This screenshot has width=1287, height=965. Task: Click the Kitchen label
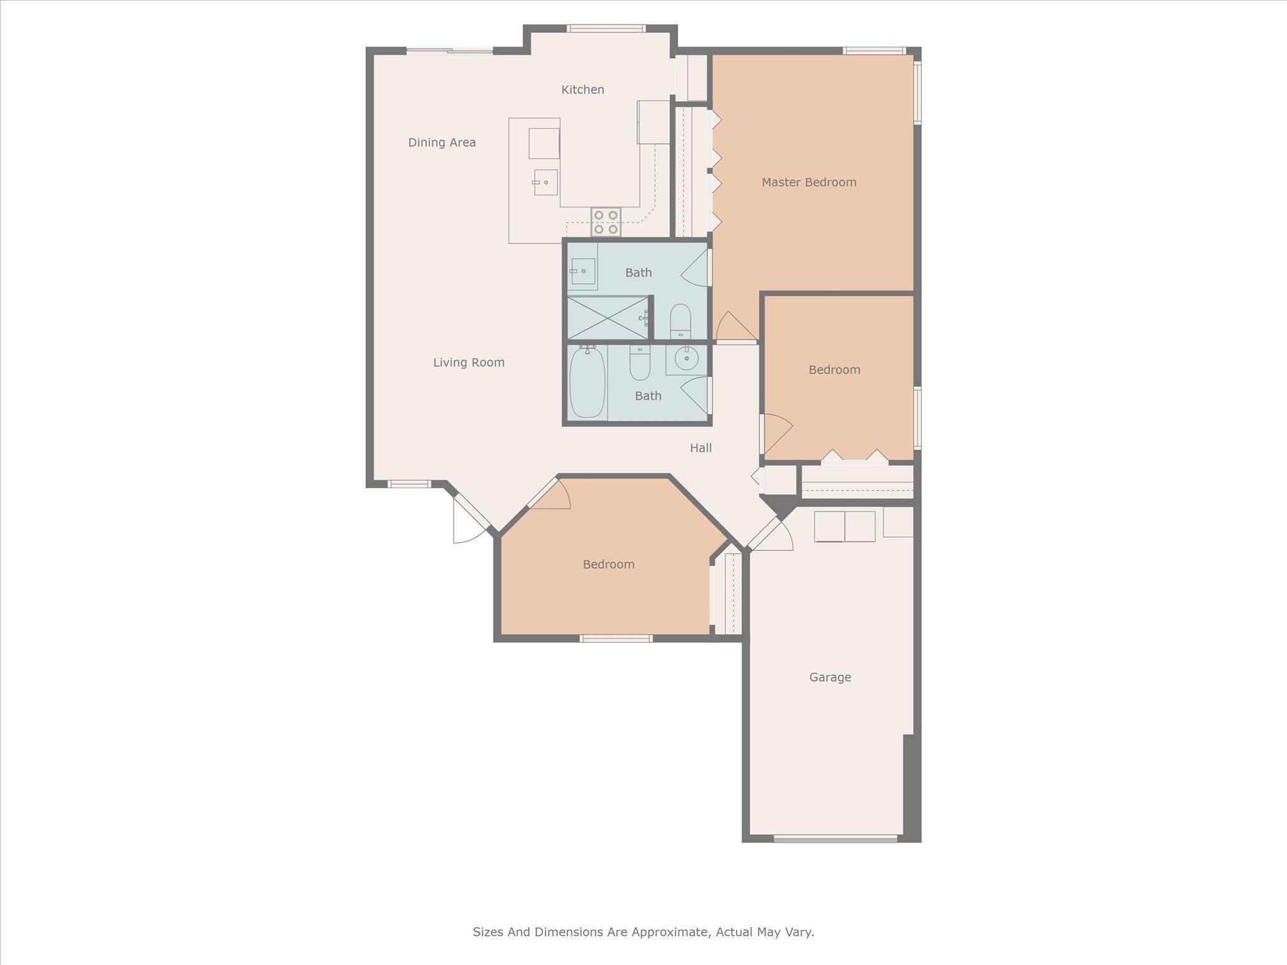pyautogui.click(x=583, y=90)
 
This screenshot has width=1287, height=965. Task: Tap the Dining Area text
pyautogui.click(x=442, y=143)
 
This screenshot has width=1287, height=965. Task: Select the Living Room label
pyautogui.click(x=469, y=363)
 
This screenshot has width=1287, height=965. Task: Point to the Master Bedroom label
pyautogui.click(x=809, y=182)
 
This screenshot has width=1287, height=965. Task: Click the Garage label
pyautogui.click(x=830, y=677)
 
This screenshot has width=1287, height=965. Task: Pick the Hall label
pyautogui.click(x=701, y=448)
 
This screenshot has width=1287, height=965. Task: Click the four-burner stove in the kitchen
pyautogui.click(x=606, y=222)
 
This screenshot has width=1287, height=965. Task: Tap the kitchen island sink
pyautogui.click(x=545, y=182)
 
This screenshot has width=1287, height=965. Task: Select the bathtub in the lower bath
pyautogui.click(x=587, y=382)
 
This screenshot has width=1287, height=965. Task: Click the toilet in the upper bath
pyautogui.click(x=680, y=321)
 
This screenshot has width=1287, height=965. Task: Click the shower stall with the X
pyautogui.click(x=608, y=317)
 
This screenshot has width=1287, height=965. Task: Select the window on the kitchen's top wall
pyautogui.click(x=606, y=28)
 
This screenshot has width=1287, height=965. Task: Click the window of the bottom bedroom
pyautogui.click(x=616, y=638)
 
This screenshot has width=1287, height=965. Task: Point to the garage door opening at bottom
pyautogui.click(x=835, y=838)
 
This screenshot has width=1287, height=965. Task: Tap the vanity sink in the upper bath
pyautogui.click(x=583, y=271)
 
